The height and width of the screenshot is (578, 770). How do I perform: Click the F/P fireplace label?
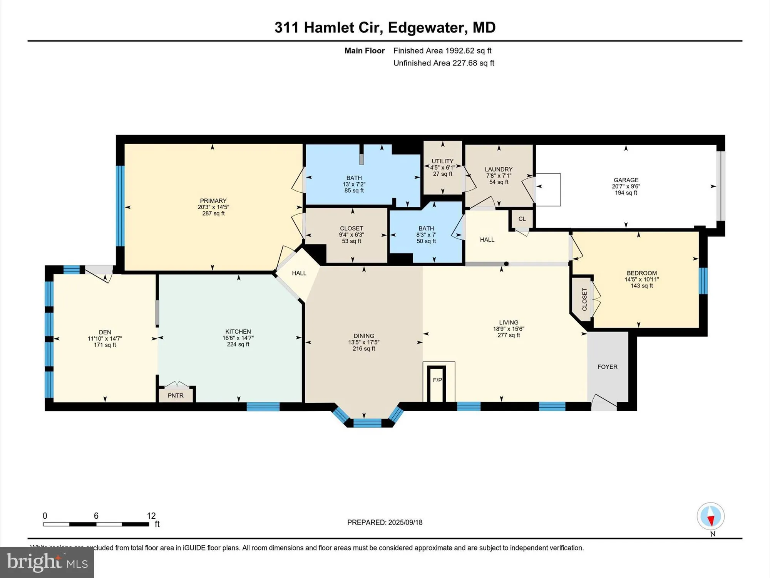437,380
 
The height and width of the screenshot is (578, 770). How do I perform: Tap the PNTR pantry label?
176,396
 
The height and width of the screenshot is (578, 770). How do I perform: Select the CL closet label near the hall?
522,219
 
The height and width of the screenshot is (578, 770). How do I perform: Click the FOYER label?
607,367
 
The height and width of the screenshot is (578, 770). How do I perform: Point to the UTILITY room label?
442,161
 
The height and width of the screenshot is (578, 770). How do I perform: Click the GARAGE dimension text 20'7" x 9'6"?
626,187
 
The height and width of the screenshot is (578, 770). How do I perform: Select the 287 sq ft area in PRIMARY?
213,213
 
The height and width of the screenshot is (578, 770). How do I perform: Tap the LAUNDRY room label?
499,169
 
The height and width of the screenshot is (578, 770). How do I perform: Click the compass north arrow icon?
710,517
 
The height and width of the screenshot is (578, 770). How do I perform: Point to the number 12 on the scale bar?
151,516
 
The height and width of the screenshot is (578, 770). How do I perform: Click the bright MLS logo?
47,563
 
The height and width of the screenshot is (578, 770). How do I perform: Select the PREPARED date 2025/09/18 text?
385,523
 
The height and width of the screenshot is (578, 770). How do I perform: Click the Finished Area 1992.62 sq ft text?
442,50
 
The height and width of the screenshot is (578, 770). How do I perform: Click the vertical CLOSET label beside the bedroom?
584,299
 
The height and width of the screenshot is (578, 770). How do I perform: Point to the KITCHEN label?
238,332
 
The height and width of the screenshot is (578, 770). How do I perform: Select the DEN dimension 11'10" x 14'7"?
105,339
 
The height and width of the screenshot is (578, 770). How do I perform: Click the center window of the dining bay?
367,423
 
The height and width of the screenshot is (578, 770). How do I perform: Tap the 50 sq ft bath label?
426,241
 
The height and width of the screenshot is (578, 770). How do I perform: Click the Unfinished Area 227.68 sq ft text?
444,63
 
